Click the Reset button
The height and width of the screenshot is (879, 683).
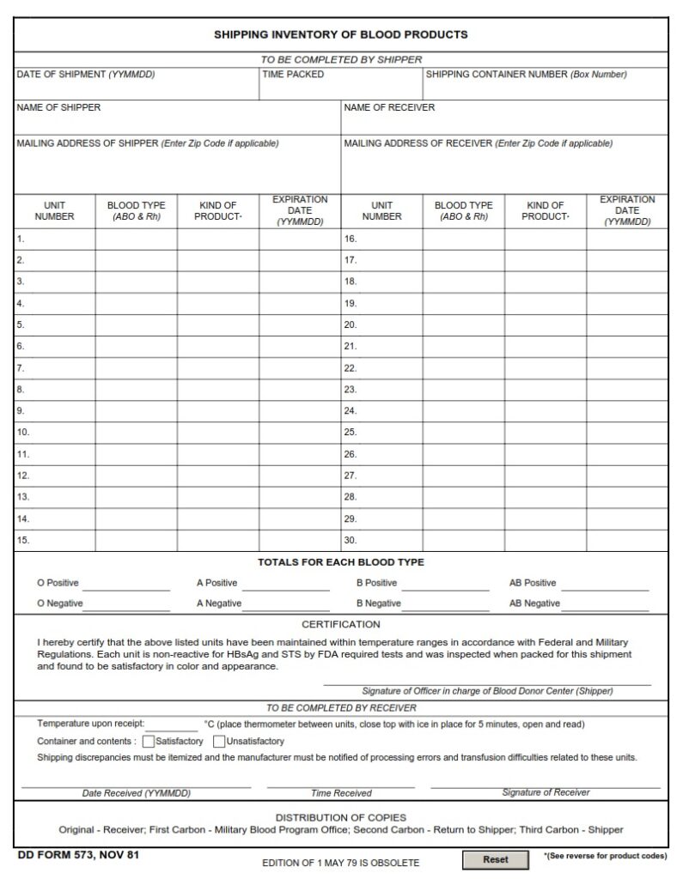pyautogui.click(x=495, y=859)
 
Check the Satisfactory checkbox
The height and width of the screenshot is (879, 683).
pyautogui.click(x=149, y=741)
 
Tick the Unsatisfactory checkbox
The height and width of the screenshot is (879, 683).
pyautogui.click(x=219, y=741)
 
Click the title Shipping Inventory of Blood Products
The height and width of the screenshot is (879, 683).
pyautogui.click(x=340, y=35)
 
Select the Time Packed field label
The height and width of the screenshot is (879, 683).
pyautogui.click(x=293, y=75)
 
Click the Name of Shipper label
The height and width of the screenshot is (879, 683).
pyautogui.click(x=58, y=107)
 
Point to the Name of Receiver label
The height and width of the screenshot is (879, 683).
pyautogui.click(x=389, y=107)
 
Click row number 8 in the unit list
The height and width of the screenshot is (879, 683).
pyautogui.click(x=21, y=390)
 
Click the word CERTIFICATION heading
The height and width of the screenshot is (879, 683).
pyautogui.click(x=340, y=624)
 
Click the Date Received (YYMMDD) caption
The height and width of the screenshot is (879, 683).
pyautogui.click(x=136, y=793)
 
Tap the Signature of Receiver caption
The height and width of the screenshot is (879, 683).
pyautogui.click(x=546, y=792)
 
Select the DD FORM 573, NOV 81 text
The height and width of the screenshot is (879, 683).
pyautogui.click(x=77, y=855)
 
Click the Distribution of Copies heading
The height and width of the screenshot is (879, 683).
pyautogui.click(x=340, y=817)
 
